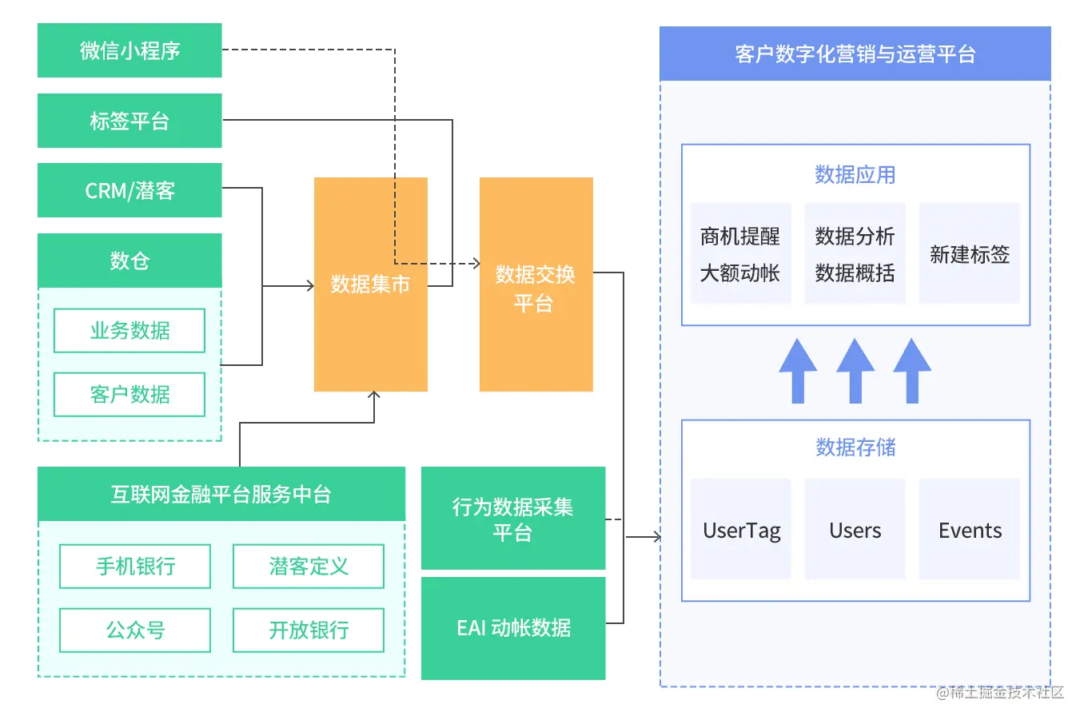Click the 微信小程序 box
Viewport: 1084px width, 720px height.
(x=130, y=50)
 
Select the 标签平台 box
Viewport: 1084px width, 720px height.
(x=130, y=121)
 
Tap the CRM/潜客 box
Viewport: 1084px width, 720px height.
(x=130, y=190)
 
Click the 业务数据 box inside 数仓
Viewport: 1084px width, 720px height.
(x=130, y=331)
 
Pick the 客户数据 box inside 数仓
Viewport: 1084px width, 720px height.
(x=130, y=395)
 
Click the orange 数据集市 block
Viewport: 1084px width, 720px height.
(x=370, y=284)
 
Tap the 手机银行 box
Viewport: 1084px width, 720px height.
(x=135, y=567)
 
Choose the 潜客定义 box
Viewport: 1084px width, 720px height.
(x=309, y=567)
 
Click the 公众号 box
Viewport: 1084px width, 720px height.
(x=135, y=630)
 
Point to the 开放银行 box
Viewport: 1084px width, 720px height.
(x=309, y=630)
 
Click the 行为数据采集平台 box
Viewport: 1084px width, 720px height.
(x=512, y=519)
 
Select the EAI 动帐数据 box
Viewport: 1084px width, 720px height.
(x=512, y=628)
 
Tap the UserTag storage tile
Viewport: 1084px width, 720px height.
(x=741, y=530)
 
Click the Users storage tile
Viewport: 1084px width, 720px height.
(x=855, y=530)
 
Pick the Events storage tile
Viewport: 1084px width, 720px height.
(x=970, y=530)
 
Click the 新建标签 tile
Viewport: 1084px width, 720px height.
(x=969, y=254)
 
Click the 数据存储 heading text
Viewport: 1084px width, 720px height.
(x=855, y=448)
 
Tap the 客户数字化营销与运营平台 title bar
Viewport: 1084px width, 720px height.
(x=855, y=54)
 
